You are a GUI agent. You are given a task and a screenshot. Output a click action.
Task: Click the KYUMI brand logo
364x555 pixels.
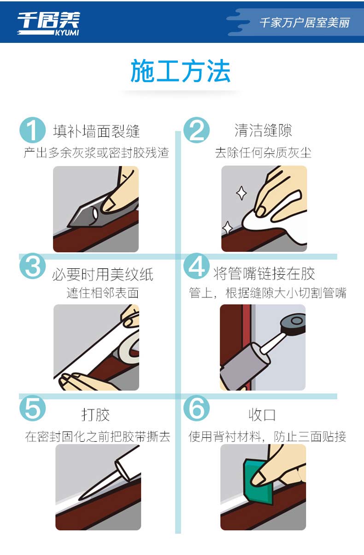pos(48,24)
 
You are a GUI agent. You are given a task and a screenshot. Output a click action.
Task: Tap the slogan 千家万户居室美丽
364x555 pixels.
pos(305,23)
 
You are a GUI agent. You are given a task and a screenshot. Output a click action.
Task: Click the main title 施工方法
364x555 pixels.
pos(181,71)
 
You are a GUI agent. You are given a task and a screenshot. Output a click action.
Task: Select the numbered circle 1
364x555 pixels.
pos(32,130)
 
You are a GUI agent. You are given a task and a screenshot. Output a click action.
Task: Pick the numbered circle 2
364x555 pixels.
pos(197,130)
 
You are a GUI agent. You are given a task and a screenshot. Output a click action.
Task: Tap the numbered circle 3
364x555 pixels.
pos(32,266)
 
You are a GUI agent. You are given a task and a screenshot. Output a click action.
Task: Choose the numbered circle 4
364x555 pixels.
pos(197,266)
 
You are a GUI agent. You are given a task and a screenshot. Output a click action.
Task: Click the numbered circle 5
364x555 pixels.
pos(32,408)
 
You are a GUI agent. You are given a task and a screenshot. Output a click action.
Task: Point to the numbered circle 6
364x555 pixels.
pos(197,408)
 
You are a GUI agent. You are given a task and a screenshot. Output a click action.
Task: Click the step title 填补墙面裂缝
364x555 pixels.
pos(97,131)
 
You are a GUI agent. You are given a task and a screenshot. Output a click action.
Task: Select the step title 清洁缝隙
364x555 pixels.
pos(263,130)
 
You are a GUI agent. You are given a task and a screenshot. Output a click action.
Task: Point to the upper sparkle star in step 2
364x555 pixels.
pos(241,193)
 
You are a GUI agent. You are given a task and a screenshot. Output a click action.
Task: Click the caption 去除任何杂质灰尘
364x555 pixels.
pos(263,153)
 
